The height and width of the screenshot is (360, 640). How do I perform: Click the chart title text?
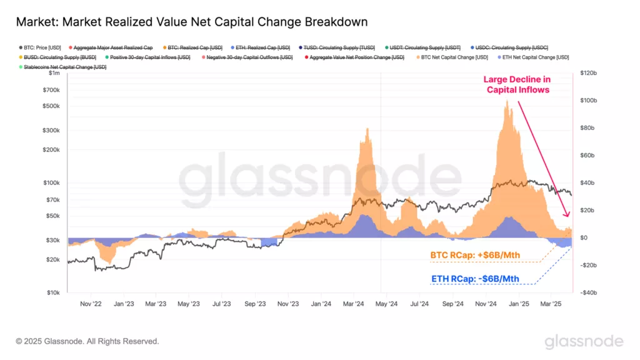coord(191,22)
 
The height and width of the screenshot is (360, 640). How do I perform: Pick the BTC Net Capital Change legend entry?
coord(454,57)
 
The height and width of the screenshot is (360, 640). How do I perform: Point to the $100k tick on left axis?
coord(51,183)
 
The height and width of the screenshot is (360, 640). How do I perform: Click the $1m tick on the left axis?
coord(55,74)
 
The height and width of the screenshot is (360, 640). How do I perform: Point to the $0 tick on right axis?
coord(585,238)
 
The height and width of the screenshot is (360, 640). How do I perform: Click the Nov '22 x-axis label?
coord(91,304)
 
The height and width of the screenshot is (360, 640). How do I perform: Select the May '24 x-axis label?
coord(386,304)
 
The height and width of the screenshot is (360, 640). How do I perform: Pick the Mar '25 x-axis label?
coord(550,304)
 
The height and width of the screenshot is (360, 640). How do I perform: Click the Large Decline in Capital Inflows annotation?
coord(518,84)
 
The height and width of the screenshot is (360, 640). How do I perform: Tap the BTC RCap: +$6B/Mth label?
coord(475,255)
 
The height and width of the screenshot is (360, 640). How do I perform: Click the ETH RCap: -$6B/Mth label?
coord(475,278)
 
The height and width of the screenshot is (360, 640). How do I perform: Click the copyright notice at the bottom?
coord(87,341)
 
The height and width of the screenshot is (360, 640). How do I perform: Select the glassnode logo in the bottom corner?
coord(584,341)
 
